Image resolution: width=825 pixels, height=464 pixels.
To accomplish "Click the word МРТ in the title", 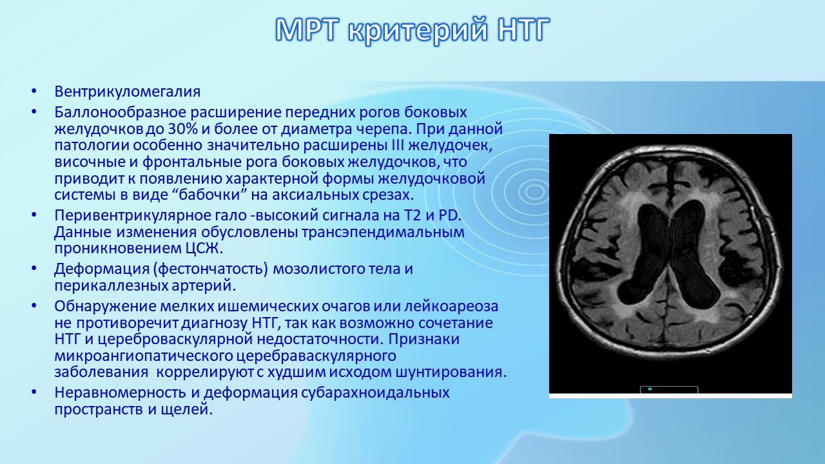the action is coord(306,30).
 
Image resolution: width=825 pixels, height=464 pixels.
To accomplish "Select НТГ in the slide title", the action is coord(523,30).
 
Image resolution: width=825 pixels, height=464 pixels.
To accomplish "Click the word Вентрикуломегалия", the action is coord(128,92).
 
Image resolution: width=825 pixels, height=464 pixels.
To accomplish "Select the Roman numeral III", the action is coord(396,145).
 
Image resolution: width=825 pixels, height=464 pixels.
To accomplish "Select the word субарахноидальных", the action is coord(375,393).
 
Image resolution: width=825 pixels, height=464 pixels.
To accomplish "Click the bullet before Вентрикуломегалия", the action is coord(34,92).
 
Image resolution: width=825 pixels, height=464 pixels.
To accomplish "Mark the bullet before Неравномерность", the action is coord(34,392).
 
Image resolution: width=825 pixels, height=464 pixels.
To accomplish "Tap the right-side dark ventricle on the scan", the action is coord(694,258).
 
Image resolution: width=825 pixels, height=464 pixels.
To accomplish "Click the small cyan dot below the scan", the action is coord(650,389).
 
